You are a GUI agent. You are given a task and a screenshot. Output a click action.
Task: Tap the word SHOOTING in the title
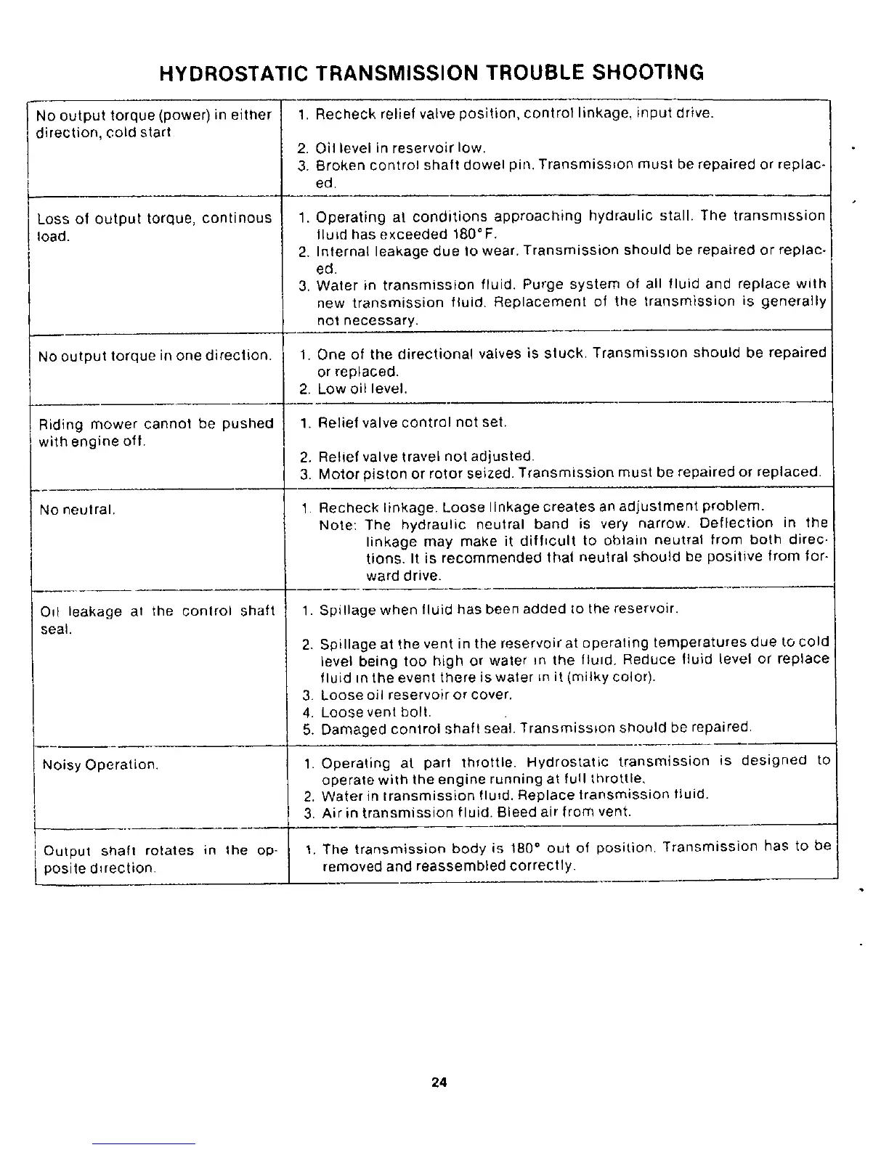click(649, 73)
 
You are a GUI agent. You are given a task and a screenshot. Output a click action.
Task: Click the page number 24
click(439, 1082)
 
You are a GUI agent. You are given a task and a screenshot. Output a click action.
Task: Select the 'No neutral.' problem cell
click(78, 510)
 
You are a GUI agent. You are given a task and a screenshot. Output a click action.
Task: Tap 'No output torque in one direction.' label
click(155, 356)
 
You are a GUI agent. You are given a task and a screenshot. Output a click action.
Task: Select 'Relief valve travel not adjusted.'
click(426, 457)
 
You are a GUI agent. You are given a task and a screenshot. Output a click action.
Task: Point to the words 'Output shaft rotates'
click(119, 851)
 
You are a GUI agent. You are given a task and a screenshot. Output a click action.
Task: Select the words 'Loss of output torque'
click(117, 219)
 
